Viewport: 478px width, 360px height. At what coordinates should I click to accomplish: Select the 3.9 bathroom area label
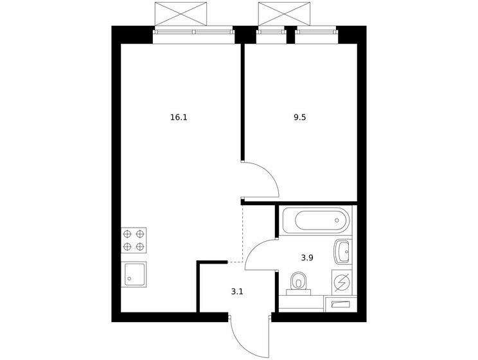click(307, 258)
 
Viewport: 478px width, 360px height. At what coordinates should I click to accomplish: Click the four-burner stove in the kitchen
click(134, 240)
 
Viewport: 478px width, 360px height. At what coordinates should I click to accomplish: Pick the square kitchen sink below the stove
click(134, 274)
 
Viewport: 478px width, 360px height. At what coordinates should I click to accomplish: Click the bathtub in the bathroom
click(315, 221)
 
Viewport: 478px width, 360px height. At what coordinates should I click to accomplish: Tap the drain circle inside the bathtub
click(337, 221)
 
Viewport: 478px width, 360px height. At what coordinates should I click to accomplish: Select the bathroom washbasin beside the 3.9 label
click(342, 251)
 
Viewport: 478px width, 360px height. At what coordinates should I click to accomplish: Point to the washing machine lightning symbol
click(342, 282)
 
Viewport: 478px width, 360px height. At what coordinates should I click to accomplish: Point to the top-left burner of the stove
click(127, 233)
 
